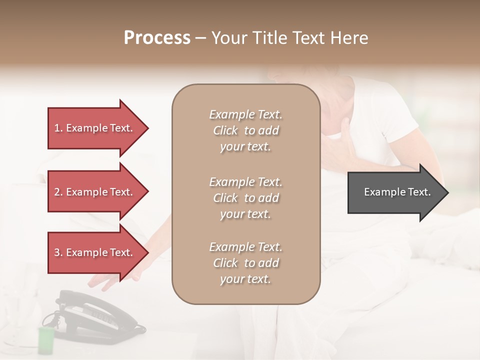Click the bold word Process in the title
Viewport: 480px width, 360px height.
[x=157, y=38]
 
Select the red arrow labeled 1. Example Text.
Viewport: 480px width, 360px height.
[x=95, y=128]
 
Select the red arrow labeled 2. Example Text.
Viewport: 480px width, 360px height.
[x=95, y=192]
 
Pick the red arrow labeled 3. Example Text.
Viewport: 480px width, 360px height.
[x=95, y=252]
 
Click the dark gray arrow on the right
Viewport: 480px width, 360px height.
[x=395, y=192]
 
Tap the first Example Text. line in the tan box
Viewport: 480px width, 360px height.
[x=245, y=114]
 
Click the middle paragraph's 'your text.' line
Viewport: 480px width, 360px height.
[x=245, y=214]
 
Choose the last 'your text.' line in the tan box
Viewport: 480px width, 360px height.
[x=245, y=279]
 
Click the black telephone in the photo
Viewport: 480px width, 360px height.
[x=90, y=315]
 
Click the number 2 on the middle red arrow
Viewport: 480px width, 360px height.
[x=57, y=192]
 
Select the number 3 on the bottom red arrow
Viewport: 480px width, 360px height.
[x=57, y=252]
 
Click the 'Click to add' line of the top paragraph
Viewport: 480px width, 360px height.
[x=245, y=130]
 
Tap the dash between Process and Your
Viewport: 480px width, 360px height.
[x=201, y=38]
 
